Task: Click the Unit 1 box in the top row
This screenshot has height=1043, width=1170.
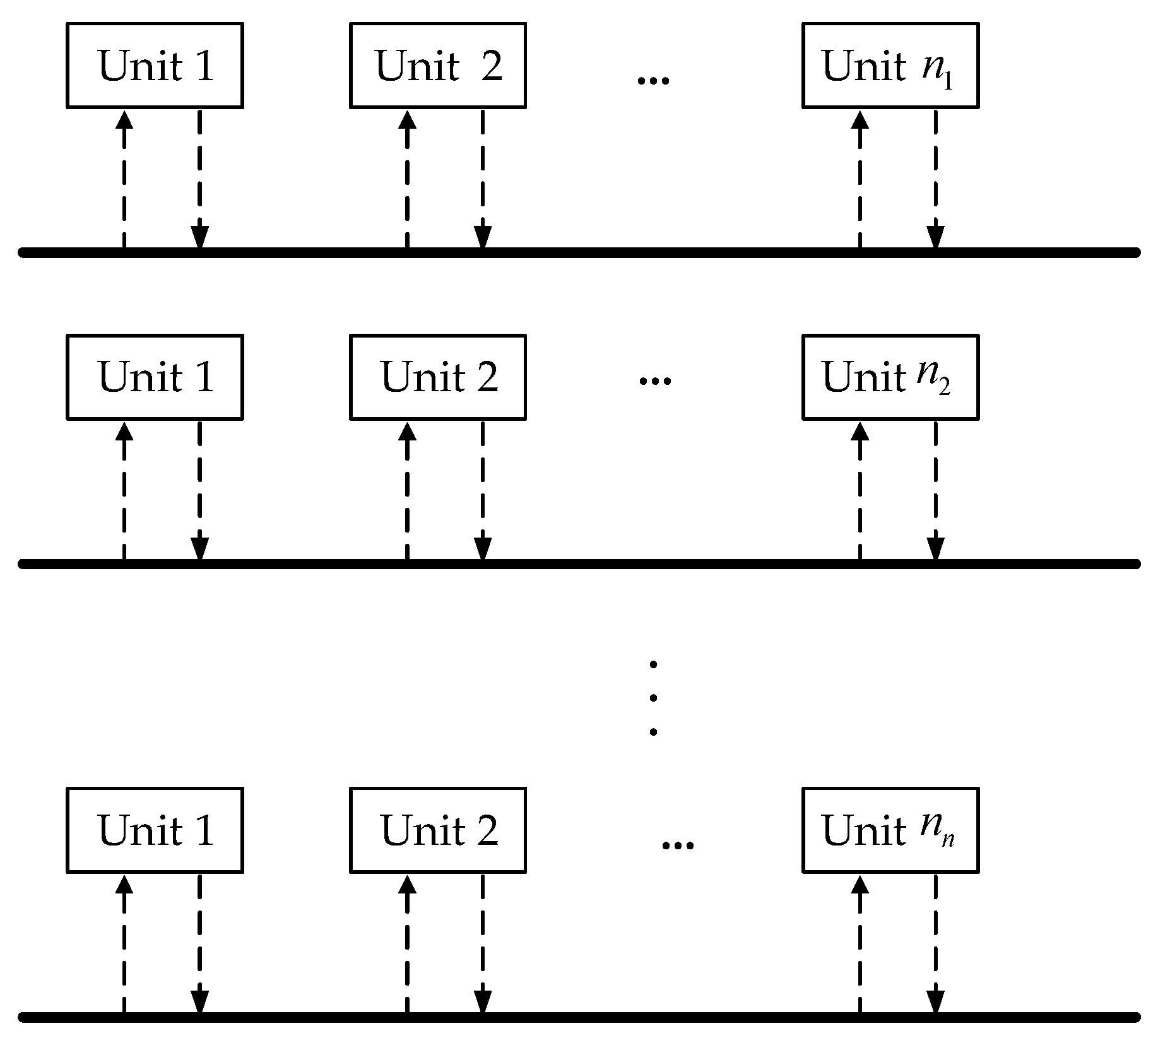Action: click(155, 66)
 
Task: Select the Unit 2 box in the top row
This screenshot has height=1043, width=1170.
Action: click(437, 66)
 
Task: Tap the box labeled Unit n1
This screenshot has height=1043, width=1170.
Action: click(890, 66)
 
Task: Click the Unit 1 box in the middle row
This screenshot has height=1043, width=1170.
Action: click(155, 377)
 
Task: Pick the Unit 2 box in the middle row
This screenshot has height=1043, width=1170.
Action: click(437, 377)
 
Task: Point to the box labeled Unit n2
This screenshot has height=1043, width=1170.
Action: click(890, 377)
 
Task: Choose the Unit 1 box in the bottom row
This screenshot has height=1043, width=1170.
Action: click(155, 830)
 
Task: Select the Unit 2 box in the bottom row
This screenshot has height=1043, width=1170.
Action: click(437, 830)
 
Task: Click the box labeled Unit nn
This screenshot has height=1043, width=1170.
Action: click(890, 830)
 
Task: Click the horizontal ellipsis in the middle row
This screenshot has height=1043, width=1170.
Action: click(655, 381)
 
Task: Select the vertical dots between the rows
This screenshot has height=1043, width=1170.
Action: click(653, 698)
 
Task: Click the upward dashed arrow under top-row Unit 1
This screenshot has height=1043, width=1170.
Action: click(124, 180)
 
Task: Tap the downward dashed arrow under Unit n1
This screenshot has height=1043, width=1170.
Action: click(935, 180)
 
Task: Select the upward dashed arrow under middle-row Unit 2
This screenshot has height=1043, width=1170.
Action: click(408, 491)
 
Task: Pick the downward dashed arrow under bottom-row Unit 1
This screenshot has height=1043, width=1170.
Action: click(199, 945)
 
